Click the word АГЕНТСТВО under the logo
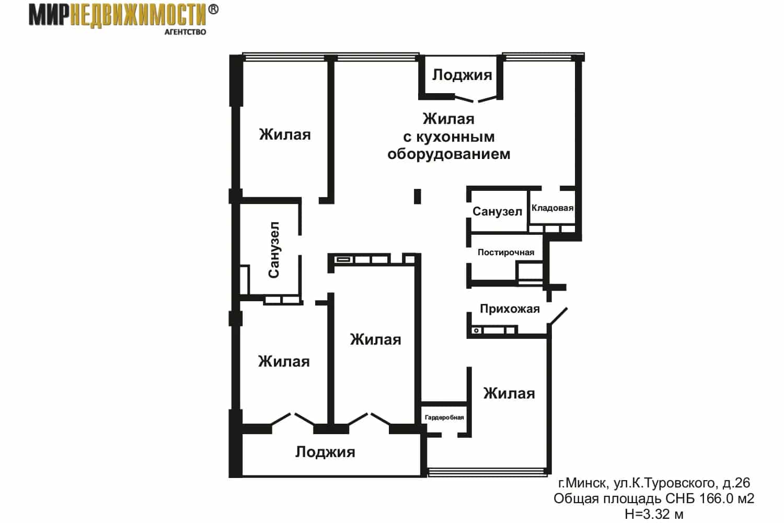coord(185,32)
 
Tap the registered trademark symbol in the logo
coord(213,9)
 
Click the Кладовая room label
coord(552,208)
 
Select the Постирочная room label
coord(506,252)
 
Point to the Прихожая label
coord(510,309)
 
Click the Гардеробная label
coord(444,417)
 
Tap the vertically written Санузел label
coord(274,250)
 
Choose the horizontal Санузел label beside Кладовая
coord(498,211)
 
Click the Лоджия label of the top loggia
coord(462,75)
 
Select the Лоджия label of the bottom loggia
coord(325,452)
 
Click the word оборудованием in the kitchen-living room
coord(448,154)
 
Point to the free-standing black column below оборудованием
coord(417,196)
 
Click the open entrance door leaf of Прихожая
coord(558,316)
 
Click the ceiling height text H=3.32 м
coord(654,514)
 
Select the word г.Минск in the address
coord(583,483)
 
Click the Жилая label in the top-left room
coord(285,134)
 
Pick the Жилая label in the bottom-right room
coord(509,393)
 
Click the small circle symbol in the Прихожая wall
coord(476,331)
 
